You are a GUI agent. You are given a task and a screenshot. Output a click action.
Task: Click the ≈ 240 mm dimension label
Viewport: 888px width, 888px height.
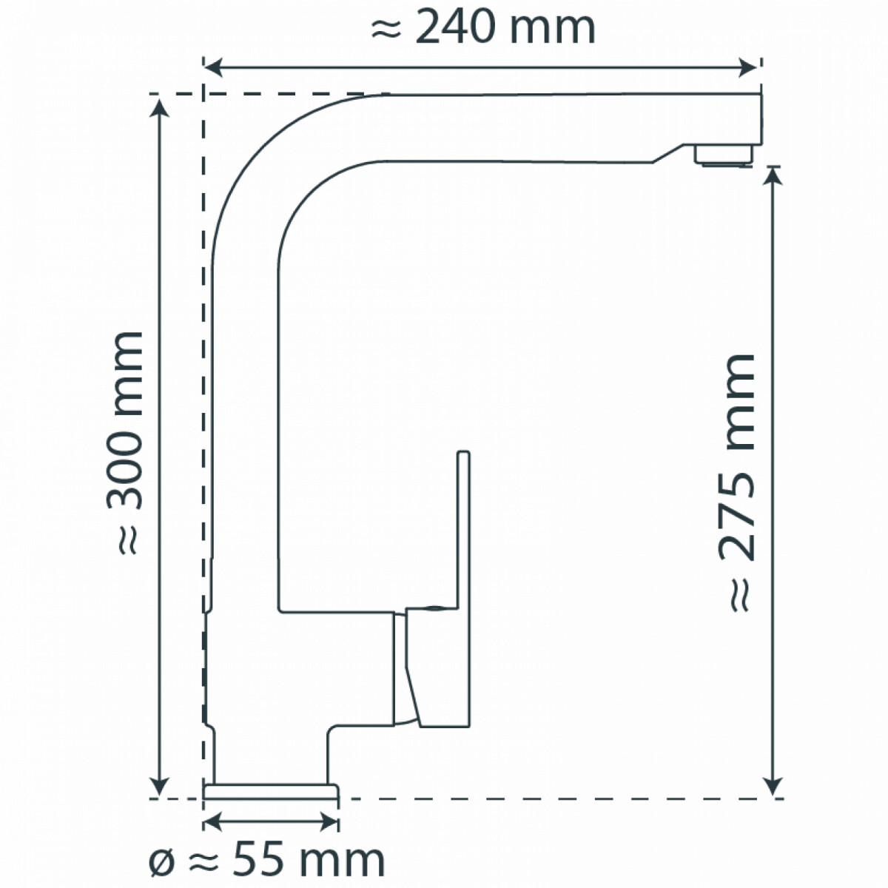pos(483,29)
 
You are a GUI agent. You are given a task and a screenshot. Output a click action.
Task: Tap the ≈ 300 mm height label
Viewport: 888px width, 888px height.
pos(124,443)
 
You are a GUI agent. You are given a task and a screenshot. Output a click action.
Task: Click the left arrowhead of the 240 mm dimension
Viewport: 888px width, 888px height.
pos(214,68)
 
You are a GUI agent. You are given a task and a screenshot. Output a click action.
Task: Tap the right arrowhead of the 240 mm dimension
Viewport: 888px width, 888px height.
pos(747,68)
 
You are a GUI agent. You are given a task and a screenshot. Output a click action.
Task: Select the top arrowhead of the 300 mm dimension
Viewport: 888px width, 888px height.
pos(159,108)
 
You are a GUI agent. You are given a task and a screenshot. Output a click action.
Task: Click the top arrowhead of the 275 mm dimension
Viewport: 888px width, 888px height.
pos(773,175)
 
